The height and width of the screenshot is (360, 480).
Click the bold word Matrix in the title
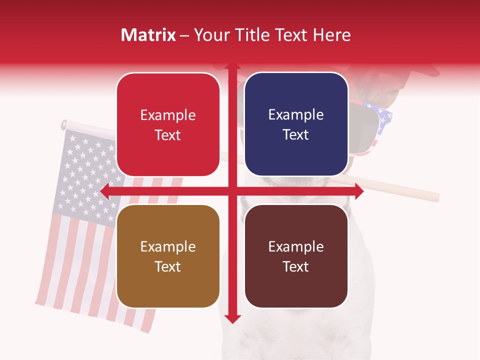click(148, 35)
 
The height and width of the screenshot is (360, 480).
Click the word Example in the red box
click(168, 115)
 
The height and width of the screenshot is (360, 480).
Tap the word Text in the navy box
click(296, 135)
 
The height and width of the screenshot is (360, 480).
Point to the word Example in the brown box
click(168, 247)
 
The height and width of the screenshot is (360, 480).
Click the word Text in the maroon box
click(296, 266)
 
